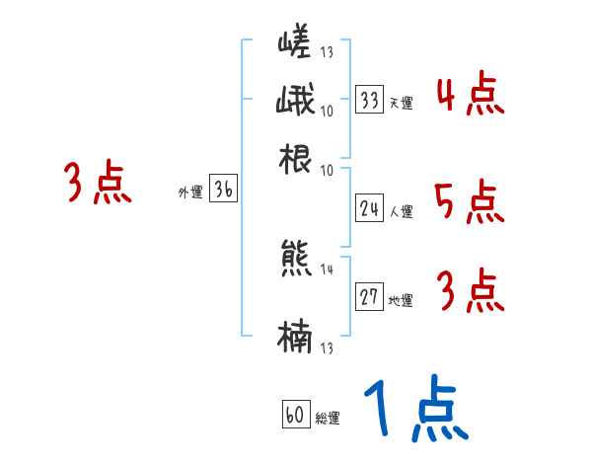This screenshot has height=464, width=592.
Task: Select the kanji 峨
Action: click(295, 102)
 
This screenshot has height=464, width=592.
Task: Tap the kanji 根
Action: click(295, 159)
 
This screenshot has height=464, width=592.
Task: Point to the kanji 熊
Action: click(295, 259)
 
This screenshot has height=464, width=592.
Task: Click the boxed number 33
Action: click(370, 100)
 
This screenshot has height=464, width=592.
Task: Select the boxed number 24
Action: click(370, 207)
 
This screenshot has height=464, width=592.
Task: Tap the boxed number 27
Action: click(370, 298)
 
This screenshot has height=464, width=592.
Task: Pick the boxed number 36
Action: click(224, 191)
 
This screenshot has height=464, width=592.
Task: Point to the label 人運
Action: click(401, 210)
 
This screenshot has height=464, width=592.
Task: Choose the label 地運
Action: click(401, 301)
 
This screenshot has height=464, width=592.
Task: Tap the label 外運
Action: click(189, 193)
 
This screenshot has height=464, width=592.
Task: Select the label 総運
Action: click(328, 419)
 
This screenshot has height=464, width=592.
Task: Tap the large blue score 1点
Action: click(415, 407)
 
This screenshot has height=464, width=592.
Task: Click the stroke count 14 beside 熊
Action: click(328, 270)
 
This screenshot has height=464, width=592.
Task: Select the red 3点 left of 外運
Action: click(99, 184)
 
